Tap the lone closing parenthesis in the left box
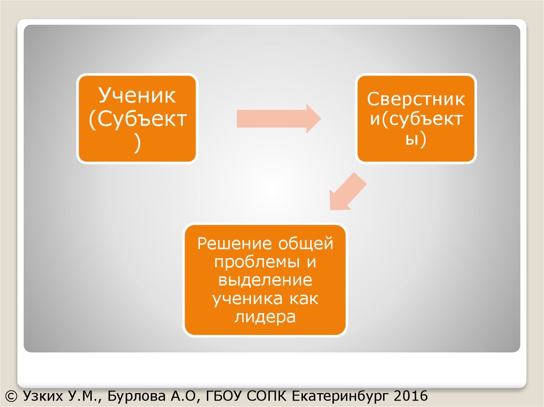[137, 143]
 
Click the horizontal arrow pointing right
[278, 117]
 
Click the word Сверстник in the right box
[416, 99]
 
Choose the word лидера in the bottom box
[265, 317]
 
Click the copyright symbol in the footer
[11, 395]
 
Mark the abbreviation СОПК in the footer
[263, 395]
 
